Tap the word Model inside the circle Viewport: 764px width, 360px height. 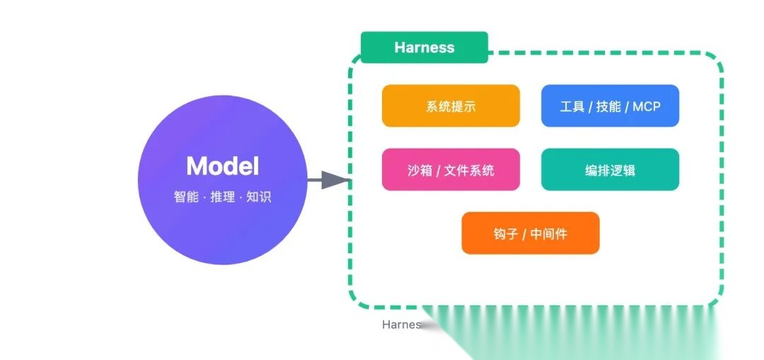coord(222,166)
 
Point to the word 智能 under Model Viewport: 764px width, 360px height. coord(186,197)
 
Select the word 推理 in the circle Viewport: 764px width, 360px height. coord(223,197)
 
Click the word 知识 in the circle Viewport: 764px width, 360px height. coord(259,197)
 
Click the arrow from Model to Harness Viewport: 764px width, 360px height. coord(328,180)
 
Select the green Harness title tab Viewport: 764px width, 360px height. coord(424,47)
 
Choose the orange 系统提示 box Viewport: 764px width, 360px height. coord(451,106)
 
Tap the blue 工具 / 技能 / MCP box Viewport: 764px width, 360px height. coord(610,106)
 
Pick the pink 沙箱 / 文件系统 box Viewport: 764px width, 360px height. coord(451,170)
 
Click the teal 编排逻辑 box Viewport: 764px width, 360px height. coord(610,170)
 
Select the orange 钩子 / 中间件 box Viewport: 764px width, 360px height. coord(530,233)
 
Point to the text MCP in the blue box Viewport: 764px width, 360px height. coord(646,107)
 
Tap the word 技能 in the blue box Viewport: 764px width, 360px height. coord(608,107)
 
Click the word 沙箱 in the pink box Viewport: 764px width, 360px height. coord(419,170)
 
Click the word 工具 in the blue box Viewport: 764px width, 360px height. coord(572,107)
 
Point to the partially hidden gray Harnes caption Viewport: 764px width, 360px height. coord(401,325)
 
